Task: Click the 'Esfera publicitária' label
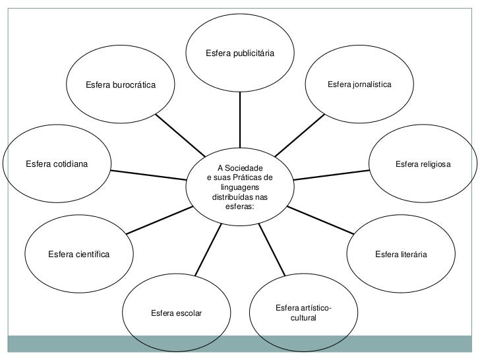click(240, 52)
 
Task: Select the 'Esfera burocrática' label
click(121, 86)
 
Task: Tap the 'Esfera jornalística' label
click(359, 85)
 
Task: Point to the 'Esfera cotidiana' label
click(57, 162)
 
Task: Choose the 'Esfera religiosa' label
click(423, 163)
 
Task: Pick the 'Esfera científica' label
click(78, 254)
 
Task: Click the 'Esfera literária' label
click(401, 254)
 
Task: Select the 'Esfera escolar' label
click(176, 313)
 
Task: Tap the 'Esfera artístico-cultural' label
click(303, 313)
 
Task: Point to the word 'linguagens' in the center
click(239, 188)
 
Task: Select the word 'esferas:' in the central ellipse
click(239, 206)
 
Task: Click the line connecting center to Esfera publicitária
click(240, 119)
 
